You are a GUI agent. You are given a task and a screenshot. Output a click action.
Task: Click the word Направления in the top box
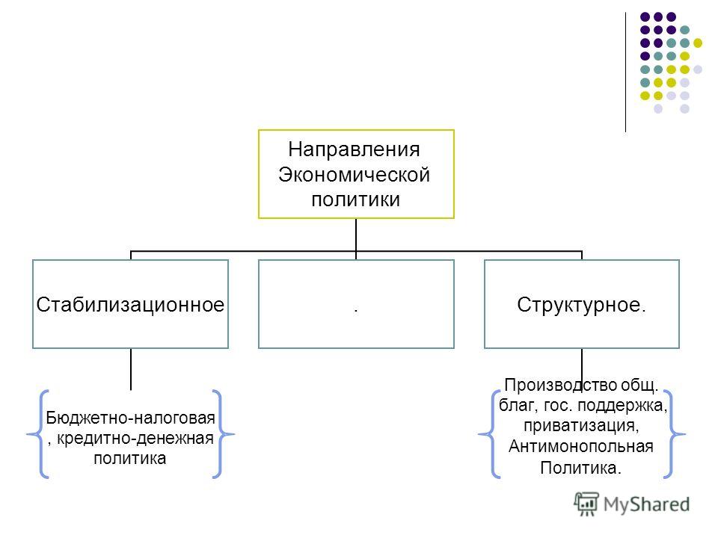(354, 150)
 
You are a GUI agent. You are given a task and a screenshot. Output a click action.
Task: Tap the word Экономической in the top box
(354, 175)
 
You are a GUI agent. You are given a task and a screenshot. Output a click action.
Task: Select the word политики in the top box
(356, 200)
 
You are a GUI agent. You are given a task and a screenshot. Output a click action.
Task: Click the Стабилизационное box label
(130, 305)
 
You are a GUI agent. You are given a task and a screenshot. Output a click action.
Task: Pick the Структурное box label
(582, 305)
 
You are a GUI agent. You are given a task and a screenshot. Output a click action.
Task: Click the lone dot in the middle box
(356, 311)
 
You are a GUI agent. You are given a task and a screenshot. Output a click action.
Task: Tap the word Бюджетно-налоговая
(130, 418)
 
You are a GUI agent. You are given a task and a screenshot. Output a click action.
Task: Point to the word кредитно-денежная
(135, 439)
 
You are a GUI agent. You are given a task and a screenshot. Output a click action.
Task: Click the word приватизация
(581, 425)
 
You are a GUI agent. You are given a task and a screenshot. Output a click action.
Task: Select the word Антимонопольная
(581, 446)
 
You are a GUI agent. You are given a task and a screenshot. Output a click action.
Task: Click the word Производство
(560, 386)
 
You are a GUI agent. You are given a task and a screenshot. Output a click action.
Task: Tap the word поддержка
(622, 405)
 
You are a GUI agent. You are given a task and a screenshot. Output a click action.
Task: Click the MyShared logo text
(646, 504)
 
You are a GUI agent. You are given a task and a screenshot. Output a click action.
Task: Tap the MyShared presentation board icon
(586, 504)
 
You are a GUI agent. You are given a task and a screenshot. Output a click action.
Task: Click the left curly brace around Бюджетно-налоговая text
(38, 434)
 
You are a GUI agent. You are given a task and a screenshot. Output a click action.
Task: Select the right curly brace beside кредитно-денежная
(223, 434)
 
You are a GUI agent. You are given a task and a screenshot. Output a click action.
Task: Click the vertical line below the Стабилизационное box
(131, 369)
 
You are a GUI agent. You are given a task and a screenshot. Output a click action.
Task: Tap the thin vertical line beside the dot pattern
(625, 72)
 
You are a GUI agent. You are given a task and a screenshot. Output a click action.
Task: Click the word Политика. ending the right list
(580, 468)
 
